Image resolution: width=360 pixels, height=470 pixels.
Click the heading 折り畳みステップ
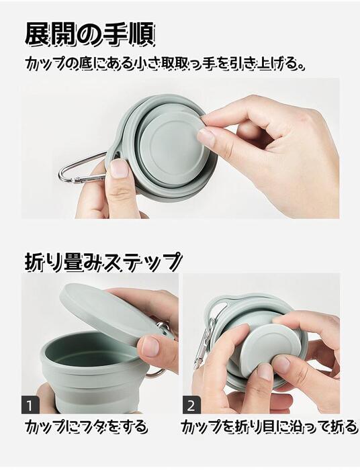(103, 261)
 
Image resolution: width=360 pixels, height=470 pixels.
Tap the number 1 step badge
(32, 405)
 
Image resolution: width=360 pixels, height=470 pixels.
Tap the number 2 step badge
(191, 405)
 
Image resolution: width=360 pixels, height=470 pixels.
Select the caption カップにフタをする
(86, 426)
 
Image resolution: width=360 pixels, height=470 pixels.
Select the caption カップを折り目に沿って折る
(269, 426)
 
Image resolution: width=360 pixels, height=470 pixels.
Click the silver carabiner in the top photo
(79, 168)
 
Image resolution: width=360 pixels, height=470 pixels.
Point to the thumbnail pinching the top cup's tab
(207, 137)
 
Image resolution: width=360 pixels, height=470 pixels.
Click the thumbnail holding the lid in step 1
(150, 346)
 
